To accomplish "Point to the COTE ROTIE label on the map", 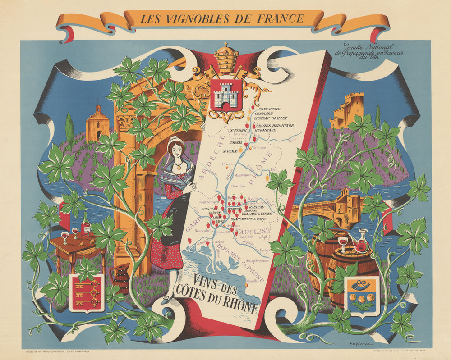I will click(268, 109).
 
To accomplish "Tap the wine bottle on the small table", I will click(85, 225).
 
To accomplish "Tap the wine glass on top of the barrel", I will click(343, 243).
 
